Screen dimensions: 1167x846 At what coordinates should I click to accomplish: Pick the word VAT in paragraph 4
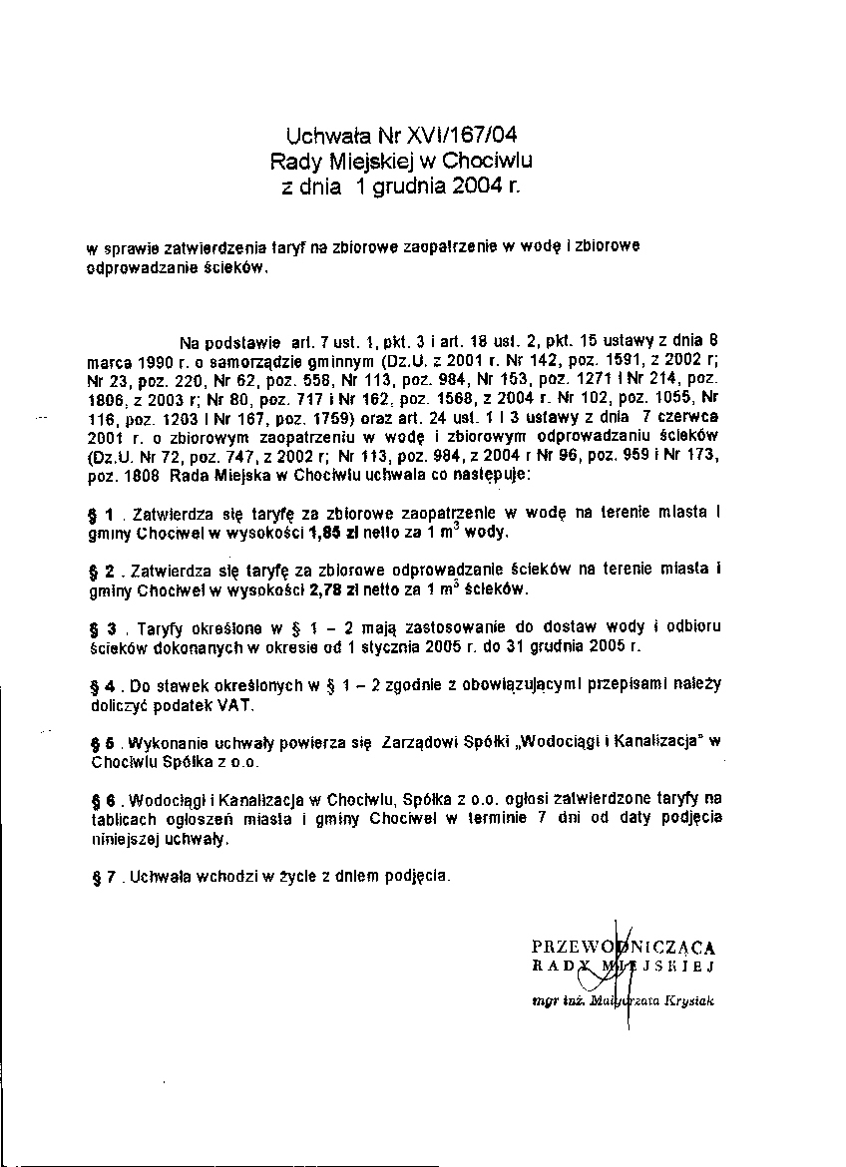point(235,705)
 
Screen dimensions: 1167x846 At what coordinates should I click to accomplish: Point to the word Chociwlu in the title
point(490,160)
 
